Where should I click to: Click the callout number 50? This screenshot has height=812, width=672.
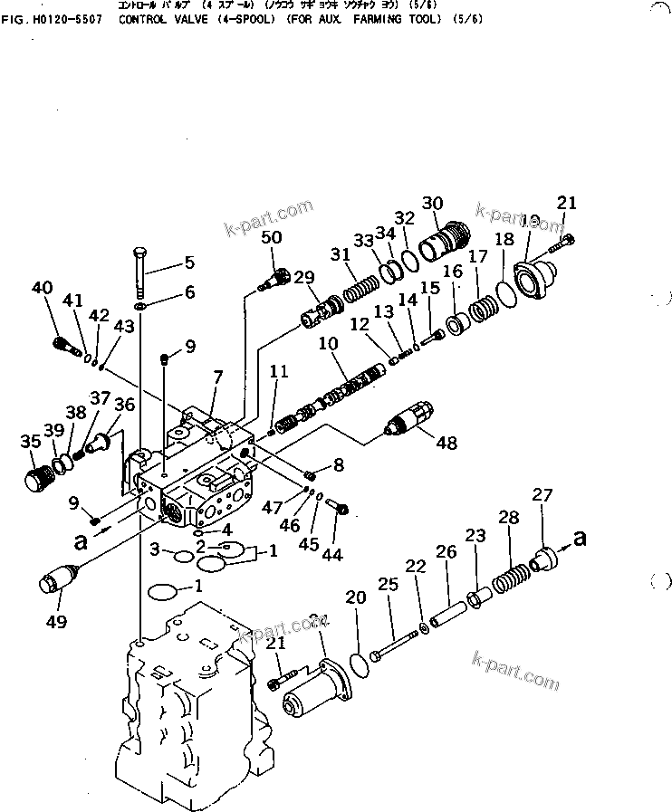pyautogui.click(x=272, y=237)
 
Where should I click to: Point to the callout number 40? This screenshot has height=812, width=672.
pyautogui.click(x=42, y=288)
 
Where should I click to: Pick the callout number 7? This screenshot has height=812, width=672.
pyautogui.click(x=216, y=376)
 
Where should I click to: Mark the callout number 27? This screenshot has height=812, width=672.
pyautogui.click(x=542, y=495)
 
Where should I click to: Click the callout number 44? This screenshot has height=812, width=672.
pyautogui.click(x=333, y=555)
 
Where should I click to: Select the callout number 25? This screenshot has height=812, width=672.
pyautogui.click(x=388, y=586)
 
